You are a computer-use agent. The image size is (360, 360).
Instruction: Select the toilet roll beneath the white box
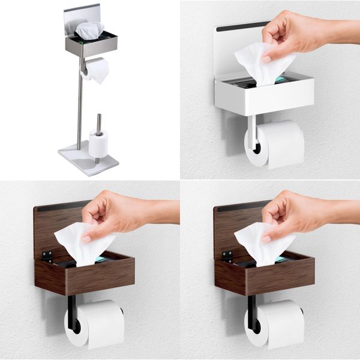(x=276, y=144)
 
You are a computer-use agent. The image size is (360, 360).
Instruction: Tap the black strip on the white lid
(x=241, y=26)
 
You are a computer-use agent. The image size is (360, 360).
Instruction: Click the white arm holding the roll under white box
(x=251, y=132)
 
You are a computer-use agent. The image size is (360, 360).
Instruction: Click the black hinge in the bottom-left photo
(x=47, y=255)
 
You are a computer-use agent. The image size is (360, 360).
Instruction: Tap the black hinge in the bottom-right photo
(x=227, y=255)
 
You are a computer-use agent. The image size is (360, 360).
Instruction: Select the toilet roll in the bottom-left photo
(x=96, y=324)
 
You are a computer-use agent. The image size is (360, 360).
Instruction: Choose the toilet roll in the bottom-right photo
(x=276, y=324)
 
